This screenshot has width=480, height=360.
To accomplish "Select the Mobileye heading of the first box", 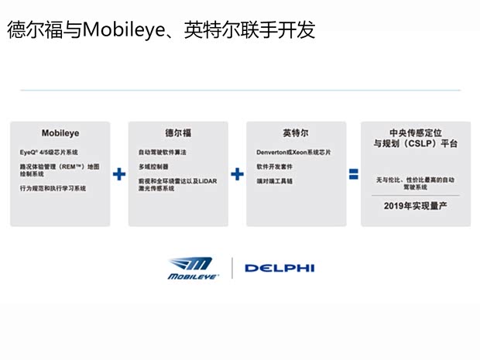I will [x=60, y=132].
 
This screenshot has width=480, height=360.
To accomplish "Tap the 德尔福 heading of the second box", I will [x=177, y=132].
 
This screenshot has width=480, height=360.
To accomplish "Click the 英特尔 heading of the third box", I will [x=295, y=132].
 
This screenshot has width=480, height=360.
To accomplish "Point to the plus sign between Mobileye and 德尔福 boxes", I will [x=118, y=174].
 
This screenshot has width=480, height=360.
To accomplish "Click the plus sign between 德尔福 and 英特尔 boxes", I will [x=237, y=174].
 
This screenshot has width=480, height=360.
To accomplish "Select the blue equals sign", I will [x=353, y=174].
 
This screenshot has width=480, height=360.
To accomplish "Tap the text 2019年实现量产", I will [x=415, y=206].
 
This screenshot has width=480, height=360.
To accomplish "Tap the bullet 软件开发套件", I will [x=274, y=166].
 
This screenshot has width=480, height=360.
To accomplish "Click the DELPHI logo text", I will [x=279, y=269].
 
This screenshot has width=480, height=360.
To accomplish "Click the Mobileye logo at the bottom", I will [x=194, y=268].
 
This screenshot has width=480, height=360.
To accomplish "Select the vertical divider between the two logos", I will [x=232, y=268].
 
